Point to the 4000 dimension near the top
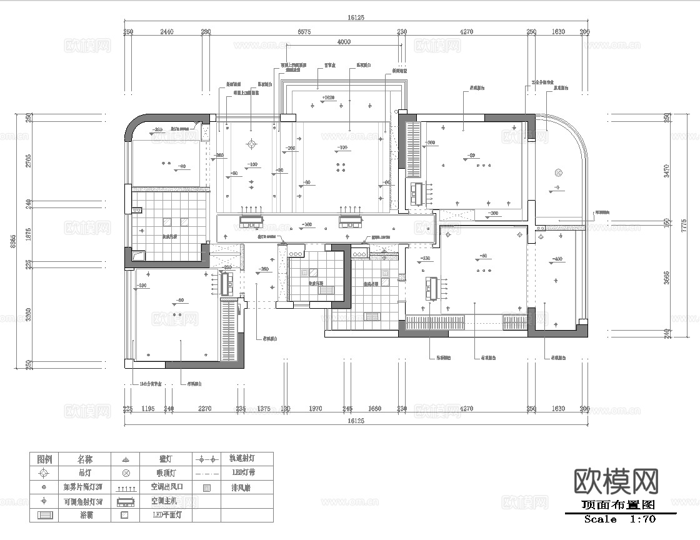(x=344, y=42)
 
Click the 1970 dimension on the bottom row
(x=316, y=409)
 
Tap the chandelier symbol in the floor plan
(x=251, y=144)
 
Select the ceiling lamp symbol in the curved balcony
(x=558, y=172)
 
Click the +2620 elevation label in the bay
(x=328, y=97)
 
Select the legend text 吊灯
(x=84, y=473)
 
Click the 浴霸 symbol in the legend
(x=46, y=516)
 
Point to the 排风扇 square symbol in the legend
(x=207, y=487)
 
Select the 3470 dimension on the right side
(x=666, y=169)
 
